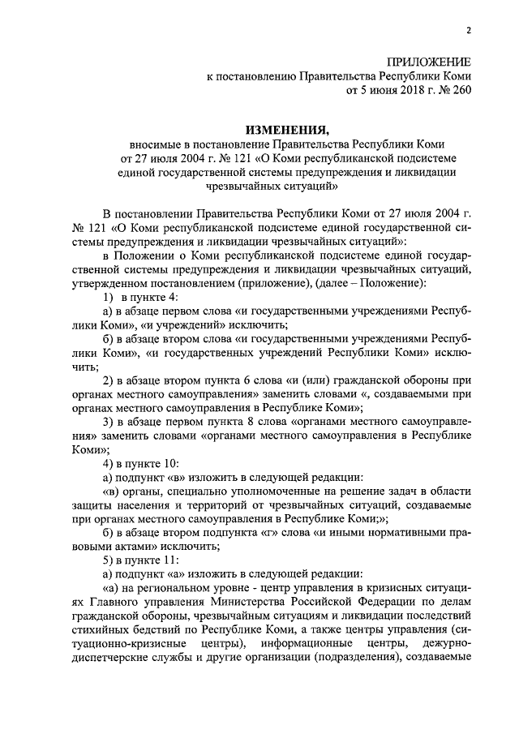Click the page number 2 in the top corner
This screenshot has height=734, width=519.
pos(468,32)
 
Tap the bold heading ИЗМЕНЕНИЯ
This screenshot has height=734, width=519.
pos(289,129)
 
